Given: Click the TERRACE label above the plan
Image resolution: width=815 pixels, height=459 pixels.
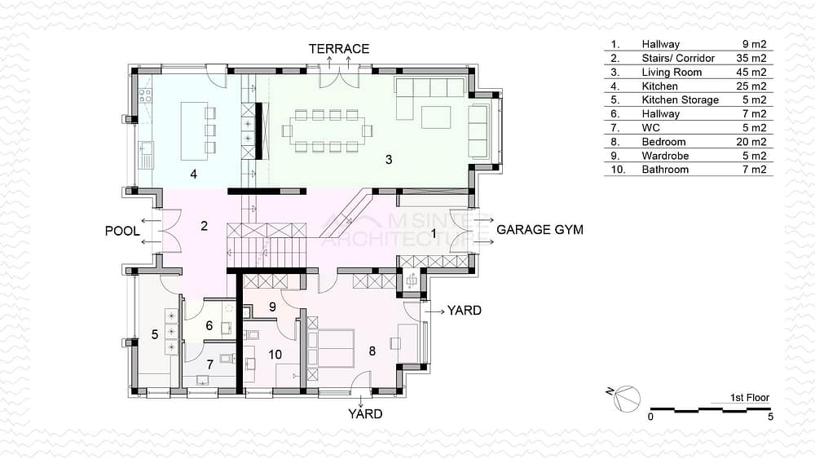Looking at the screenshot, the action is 339,49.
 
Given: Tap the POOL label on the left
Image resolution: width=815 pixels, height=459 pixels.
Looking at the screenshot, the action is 122,231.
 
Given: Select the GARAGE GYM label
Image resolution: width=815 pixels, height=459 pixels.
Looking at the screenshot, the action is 540,230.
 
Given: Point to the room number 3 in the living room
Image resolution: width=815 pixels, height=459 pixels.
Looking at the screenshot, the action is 389,160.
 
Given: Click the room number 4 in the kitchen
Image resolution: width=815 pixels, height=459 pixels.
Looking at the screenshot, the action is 193,174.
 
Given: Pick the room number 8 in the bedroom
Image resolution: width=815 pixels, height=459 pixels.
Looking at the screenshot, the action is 372,351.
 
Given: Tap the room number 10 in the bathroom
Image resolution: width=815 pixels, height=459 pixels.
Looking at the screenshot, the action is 275,355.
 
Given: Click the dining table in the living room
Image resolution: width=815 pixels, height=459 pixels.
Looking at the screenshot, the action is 327,131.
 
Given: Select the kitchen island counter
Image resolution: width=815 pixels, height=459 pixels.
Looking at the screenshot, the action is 194,130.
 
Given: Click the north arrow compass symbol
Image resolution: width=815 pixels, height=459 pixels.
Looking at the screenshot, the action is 626,399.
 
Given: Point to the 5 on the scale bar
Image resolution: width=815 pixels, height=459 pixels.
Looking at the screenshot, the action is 770,417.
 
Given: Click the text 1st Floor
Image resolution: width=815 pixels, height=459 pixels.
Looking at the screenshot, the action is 749,398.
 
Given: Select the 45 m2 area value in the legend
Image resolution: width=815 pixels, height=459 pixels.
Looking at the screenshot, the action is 751,73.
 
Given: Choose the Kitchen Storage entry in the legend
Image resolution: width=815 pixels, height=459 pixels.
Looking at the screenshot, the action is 680,99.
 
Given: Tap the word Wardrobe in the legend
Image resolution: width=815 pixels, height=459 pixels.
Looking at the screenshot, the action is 665,156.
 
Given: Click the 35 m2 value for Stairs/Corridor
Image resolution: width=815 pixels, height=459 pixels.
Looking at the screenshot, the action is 751,58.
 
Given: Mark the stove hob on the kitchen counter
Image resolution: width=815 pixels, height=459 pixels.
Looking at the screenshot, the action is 145,95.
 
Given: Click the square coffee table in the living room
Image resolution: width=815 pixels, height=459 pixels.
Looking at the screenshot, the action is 435,117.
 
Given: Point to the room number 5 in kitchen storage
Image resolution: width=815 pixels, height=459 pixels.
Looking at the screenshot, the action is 154,334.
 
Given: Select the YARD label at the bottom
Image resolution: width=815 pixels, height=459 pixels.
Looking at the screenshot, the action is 365,414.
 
